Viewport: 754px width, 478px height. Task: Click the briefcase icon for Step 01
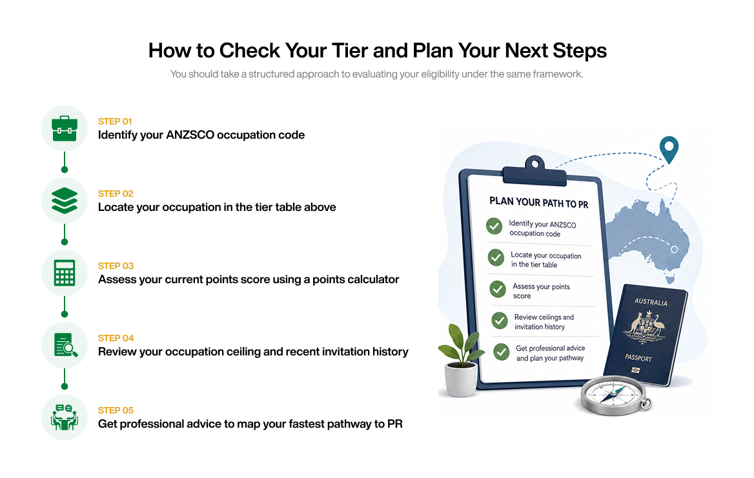(x=65, y=128)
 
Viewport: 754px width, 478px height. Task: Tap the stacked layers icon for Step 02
(x=65, y=201)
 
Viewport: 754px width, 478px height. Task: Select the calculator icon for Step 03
(x=65, y=273)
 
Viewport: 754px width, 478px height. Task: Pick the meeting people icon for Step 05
(x=65, y=417)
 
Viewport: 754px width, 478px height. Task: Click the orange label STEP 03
(x=116, y=266)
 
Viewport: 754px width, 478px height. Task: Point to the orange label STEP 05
(x=116, y=410)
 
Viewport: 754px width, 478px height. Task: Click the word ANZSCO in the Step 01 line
(x=190, y=135)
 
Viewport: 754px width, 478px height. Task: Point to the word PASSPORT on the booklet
(x=638, y=358)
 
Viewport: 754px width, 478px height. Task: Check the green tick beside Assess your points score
(x=497, y=289)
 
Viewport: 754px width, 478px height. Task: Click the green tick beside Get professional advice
(x=502, y=352)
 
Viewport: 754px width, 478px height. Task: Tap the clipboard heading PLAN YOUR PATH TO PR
(x=538, y=203)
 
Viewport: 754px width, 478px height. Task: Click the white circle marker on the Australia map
(x=674, y=250)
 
